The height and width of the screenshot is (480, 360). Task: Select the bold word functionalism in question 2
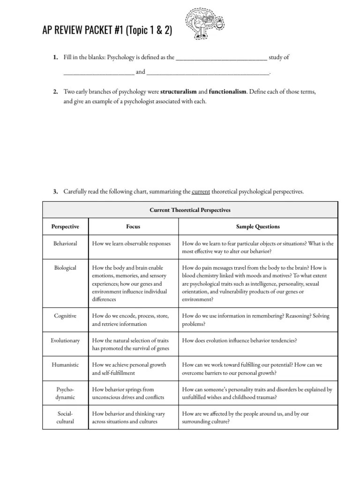227,92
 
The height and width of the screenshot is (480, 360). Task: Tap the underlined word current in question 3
201,191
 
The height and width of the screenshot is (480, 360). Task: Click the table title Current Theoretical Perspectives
190,210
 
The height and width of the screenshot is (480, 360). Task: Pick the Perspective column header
65,226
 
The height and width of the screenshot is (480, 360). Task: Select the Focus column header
133,226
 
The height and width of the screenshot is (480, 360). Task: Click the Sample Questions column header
258,226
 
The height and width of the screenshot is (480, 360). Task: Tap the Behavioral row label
65,244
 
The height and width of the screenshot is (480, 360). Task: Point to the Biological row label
65,268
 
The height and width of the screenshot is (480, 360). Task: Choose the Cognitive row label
65,316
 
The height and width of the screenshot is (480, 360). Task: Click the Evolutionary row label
65,340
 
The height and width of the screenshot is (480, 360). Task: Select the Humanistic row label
65,365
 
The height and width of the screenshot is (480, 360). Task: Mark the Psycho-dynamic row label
65,393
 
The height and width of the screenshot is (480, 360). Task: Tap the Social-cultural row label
65,418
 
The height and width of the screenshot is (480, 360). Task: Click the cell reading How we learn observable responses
132,244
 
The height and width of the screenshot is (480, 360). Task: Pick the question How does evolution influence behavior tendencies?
239,340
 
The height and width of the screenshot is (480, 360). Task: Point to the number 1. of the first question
55,58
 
